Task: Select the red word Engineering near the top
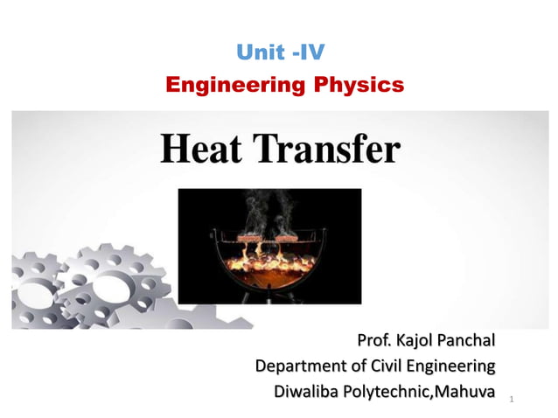(x=226, y=85)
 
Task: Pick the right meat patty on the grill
(x=290, y=237)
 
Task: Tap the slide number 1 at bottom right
(x=510, y=400)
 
